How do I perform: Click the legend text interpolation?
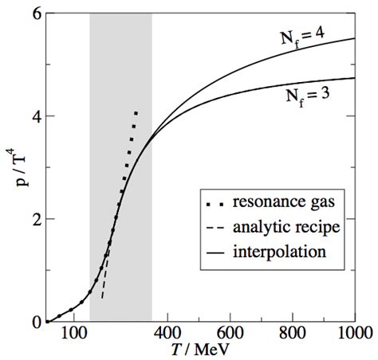click(273, 253)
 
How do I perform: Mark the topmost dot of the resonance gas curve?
click(137, 113)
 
